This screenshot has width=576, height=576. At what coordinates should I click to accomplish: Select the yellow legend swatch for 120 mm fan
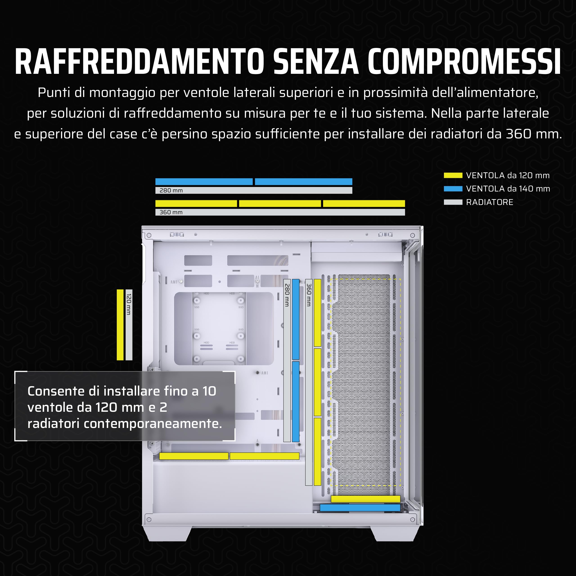pyautogui.click(x=453, y=175)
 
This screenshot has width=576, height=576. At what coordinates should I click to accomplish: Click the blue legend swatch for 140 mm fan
pyautogui.click(x=453, y=189)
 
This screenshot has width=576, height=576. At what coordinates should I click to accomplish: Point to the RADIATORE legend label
pyautogui.click(x=490, y=202)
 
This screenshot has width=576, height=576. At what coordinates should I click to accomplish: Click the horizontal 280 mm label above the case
pyautogui.click(x=171, y=190)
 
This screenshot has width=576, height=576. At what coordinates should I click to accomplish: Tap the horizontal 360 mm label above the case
pyautogui.click(x=171, y=212)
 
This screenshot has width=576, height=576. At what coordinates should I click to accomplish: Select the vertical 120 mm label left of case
pyautogui.click(x=129, y=304)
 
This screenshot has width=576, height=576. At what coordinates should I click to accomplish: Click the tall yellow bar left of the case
pyautogui.click(x=120, y=325)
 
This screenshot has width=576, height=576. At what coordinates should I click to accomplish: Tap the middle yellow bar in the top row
pyautogui.click(x=280, y=204)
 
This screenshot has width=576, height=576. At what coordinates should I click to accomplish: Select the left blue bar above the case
pyautogui.click(x=204, y=182)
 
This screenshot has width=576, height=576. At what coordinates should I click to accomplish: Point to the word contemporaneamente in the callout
pyautogui.click(x=153, y=424)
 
